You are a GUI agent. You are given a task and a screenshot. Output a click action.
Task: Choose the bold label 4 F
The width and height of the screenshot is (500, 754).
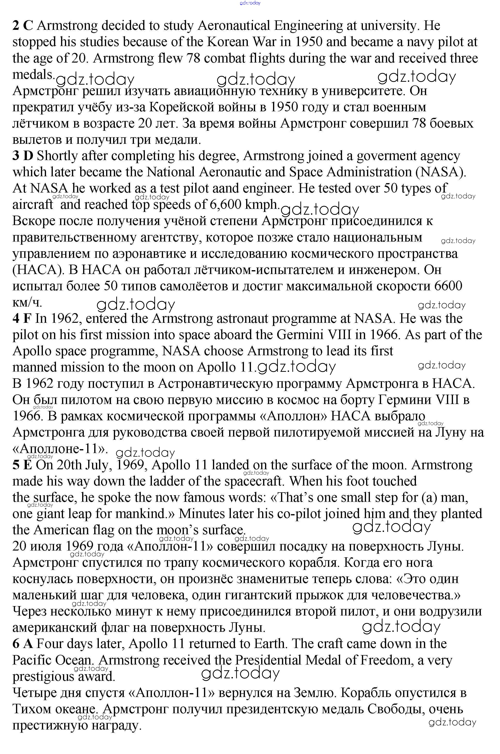pyautogui.click(x=22, y=319)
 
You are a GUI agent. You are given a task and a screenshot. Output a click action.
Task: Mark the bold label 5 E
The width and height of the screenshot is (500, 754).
pyautogui.click(x=22, y=465)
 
